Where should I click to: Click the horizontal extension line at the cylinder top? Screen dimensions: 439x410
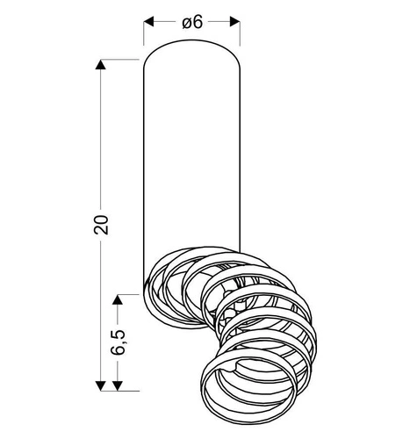pos(119,60)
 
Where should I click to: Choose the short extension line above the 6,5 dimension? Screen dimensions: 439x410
pos(130,291)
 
